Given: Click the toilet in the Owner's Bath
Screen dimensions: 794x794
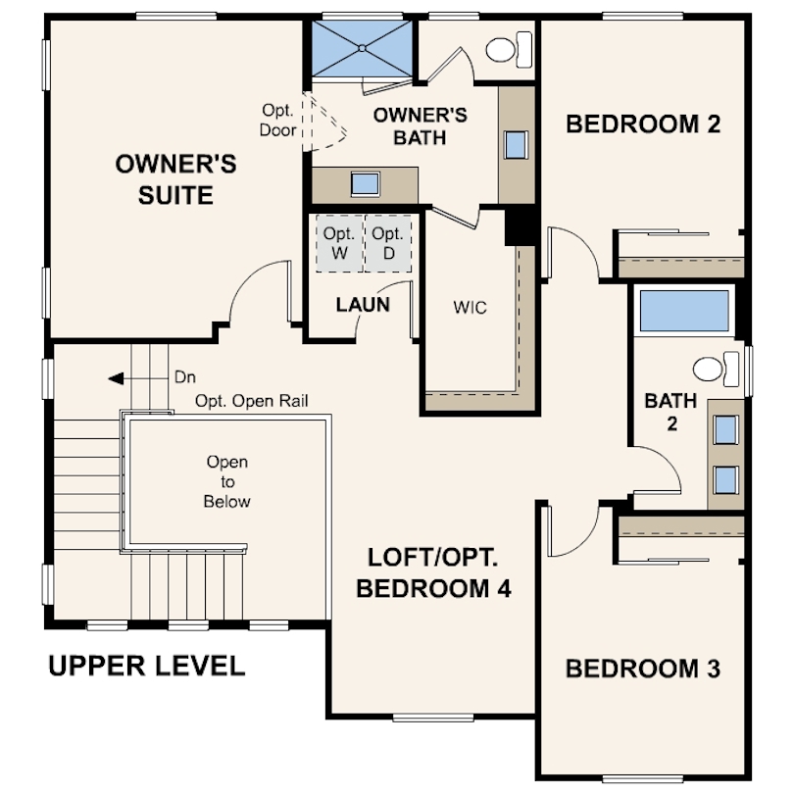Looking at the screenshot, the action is [x=509, y=50].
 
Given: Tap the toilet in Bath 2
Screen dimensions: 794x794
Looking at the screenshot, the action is [x=716, y=369].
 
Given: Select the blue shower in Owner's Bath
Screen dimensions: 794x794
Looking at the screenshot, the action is [x=362, y=49].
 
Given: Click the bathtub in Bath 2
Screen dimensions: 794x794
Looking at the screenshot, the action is [x=684, y=311].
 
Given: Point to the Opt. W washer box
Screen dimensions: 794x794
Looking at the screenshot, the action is [x=340, y=243].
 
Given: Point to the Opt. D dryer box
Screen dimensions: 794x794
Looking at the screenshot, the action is [x=388, y=243].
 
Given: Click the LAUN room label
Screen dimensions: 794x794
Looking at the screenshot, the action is [x=363, y=304].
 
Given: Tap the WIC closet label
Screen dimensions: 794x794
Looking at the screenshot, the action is [x=470, y=308].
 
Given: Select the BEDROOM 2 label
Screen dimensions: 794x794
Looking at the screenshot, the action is [x=643, y=124].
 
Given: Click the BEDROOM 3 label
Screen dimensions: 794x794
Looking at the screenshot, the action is [x=643, y=669].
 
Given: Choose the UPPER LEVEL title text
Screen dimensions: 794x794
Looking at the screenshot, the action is [x=147, y=666].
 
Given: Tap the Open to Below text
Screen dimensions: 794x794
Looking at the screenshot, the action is [x=226, y=481].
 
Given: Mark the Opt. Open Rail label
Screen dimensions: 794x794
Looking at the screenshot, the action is [x=252, y=401].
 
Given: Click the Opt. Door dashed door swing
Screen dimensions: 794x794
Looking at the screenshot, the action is [x=324, y=122].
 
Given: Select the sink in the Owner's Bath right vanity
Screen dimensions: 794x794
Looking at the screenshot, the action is [x=516, y=145].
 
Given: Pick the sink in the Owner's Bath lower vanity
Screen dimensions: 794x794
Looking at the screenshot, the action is [x=365, y=184].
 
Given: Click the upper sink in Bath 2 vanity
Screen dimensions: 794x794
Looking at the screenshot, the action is [x=725, y=430].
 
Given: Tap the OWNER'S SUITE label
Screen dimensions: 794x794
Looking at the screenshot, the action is [x=175, y=179].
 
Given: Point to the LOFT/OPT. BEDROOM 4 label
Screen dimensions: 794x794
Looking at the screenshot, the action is [x=433, y=572].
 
